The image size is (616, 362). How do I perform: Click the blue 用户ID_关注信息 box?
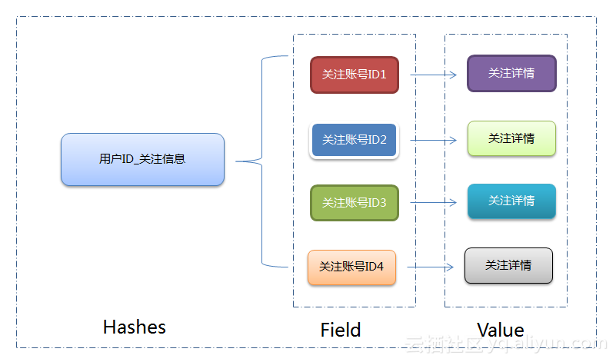pos(142,160)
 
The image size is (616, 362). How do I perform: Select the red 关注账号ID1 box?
pos(354,75)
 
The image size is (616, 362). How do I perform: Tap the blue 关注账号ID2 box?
pos(354,140)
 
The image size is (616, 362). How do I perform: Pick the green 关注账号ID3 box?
pos(354,203)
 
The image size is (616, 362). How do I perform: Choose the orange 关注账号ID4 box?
pos(351,267)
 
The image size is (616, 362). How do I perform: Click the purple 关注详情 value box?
pos(511,73)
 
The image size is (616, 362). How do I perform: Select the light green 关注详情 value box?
pos(511,138)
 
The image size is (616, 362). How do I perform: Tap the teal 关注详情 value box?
pos(511,201)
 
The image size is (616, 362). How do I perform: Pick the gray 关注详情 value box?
pos(508,265)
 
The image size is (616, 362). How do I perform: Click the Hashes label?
pos(134,327)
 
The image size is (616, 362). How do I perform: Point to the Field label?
pos(341,330)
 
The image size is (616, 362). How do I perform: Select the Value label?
pos(500,330)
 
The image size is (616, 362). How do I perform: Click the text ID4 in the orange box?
pos(373,267)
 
